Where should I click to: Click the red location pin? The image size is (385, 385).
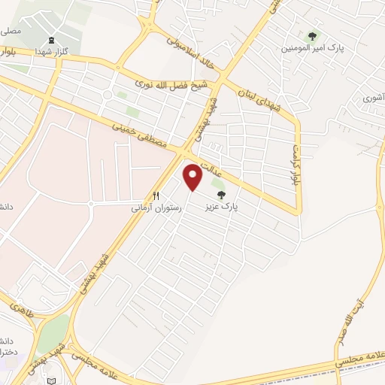pos(193,177)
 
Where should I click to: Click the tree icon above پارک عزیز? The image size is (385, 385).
pos(220,195)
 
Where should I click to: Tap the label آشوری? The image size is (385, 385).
pos(373,98)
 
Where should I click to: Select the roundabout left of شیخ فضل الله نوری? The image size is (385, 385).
pos(110,95)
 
